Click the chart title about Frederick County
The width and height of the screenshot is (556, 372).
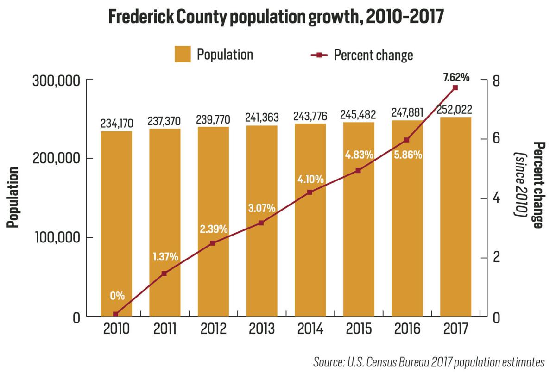pyautogui.click(x=276, y=17)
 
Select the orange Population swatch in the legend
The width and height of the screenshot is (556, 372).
pyautogui.click(x=183, y=55)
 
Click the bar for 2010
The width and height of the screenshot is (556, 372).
pyautogui.click(x=116, y=222)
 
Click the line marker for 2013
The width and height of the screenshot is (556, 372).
pyautogui.click(x=261, y=223)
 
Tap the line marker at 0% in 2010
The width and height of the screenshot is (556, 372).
pyautogui.click(x=116, y=314)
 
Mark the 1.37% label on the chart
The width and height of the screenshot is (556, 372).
pyautogui.click(x=165, y=256)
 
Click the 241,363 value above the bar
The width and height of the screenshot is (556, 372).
pyautogui.click(x=261, y=118)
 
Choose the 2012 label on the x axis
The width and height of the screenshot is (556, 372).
pyautogui.click(x=213, y=329)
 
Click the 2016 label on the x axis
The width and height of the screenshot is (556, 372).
pyautogui.click(x=407, y=329)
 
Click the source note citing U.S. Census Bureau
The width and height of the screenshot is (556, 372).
pyautogui.click(x=429, y=362)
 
